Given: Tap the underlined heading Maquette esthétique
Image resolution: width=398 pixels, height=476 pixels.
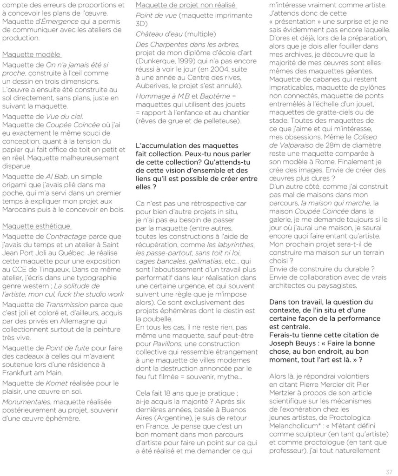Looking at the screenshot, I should pyautogui.click(x=36, y=226).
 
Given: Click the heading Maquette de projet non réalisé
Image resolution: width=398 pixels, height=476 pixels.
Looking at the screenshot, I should pyautogui.click(x=186, y=5).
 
